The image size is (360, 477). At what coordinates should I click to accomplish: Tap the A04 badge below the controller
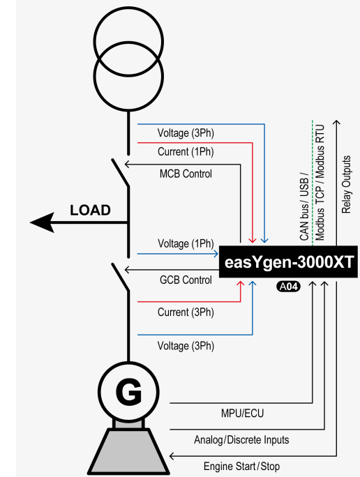[287, 286]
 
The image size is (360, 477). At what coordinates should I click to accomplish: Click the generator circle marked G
[128, 394]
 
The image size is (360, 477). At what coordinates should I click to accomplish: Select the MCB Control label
[186, 174]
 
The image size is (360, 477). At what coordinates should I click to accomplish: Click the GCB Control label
[186, 280]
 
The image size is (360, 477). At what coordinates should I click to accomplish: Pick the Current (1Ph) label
[185, 151]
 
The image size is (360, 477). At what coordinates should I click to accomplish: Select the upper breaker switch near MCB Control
[121, 173]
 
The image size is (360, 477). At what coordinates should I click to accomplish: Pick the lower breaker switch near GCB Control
[121, 280]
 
